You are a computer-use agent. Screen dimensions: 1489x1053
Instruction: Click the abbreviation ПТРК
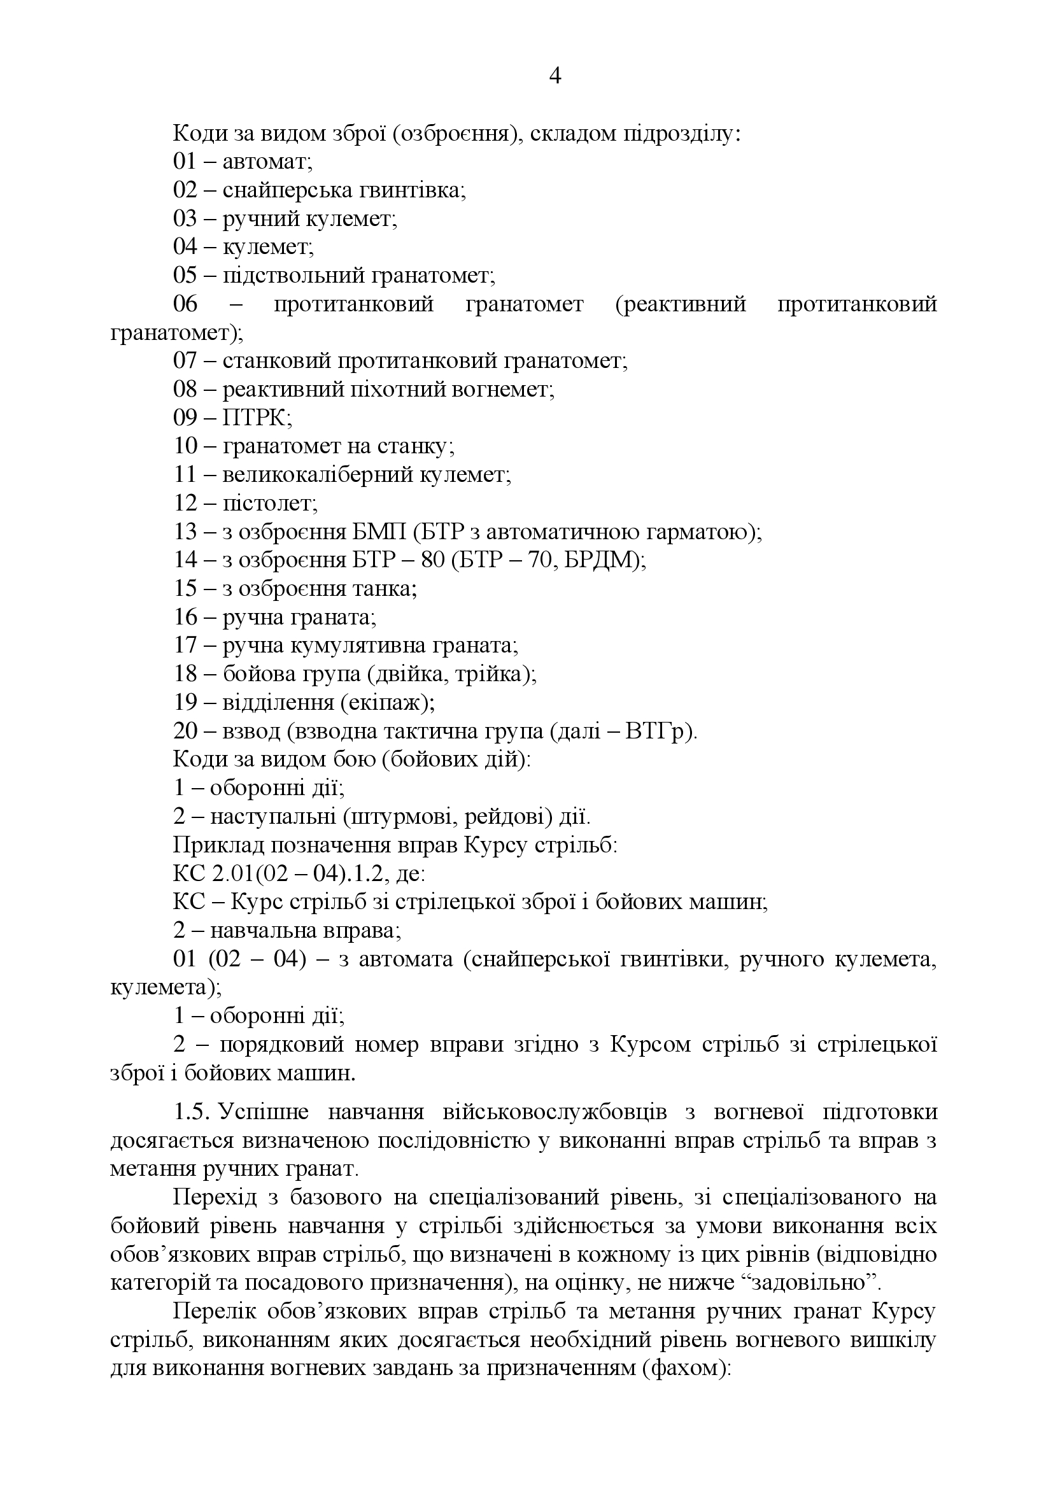tap(256, 418)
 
